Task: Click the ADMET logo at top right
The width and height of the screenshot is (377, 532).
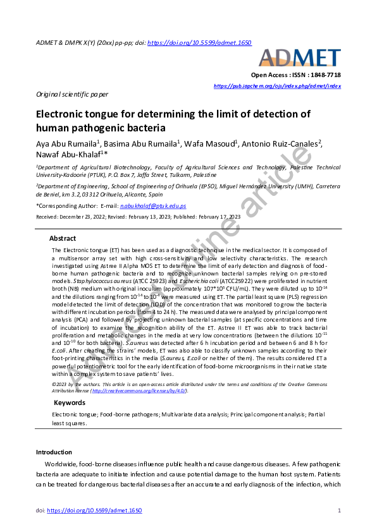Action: tap(300, 58)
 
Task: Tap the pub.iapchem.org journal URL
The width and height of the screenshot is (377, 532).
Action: tap(277, 85)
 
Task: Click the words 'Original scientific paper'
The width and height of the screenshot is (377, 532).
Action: tap(72, 94)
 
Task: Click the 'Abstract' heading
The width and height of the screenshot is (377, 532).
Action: tap(63, 239)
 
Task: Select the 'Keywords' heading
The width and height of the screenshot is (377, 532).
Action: tap(70, 402)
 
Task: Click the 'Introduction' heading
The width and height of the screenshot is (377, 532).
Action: tap(54, 452)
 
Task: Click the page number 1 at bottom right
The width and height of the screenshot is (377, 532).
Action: tap(340, 510)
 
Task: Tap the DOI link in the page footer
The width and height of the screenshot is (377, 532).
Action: tap(94, 510)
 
